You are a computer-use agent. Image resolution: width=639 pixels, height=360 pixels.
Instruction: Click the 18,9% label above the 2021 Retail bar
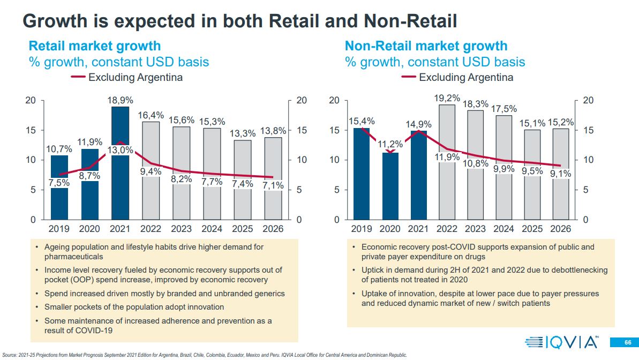(x=120, y=100)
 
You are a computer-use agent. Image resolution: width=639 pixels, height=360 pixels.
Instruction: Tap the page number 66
(x=627, y=342)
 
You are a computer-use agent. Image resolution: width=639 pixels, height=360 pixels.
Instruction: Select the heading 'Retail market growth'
(x=94, y=46)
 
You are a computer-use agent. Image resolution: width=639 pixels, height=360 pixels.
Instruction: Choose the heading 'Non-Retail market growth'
(x=426, y=46)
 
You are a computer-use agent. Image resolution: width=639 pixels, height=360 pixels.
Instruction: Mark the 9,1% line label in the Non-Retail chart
(x=561, y=173)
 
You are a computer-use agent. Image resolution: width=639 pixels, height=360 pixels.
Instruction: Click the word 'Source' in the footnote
(x=10, y=355)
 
